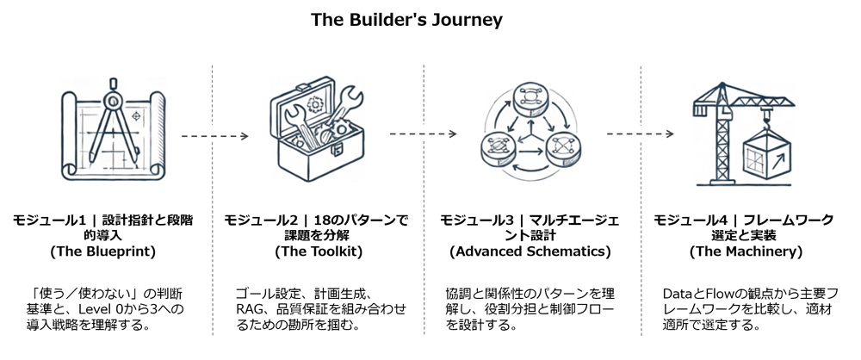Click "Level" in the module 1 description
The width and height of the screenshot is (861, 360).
pyautogui.click(x=89, y=309)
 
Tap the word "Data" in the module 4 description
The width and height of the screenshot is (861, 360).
pyautogui.click(x=678, y=293)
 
